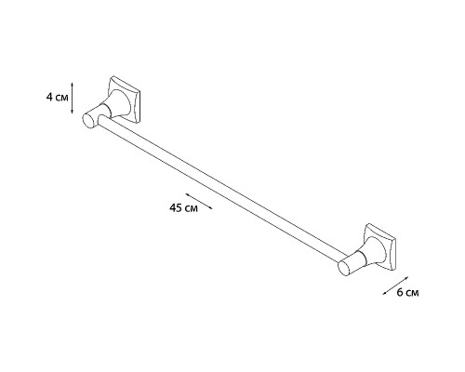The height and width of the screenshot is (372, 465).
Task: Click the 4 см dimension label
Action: pos(58,98)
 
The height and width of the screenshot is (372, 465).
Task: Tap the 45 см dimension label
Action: pos(183,207)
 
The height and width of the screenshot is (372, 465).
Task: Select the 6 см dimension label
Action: pos(408,292)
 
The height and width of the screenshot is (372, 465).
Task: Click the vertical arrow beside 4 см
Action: pos(73,98)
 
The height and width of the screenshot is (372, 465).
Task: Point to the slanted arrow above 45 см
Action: pos(199,201)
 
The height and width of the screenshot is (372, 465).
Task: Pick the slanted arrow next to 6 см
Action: pos(396,286)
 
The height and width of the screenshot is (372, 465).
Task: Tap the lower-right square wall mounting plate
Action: pos(380,246)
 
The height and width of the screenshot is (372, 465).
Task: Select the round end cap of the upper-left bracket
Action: pos(88,121)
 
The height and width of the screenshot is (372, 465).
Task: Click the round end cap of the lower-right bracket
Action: pos(343,269)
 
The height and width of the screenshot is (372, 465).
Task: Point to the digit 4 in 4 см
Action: pos(49,98)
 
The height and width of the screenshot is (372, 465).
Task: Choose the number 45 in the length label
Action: pos(176,207)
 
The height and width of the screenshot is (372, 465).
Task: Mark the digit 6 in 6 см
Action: pos(401,292)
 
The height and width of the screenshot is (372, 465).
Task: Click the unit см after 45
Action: pos(192,208)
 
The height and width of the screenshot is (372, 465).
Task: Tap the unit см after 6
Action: pos(413,293)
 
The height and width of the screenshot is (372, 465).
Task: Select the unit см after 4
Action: pos(62,99)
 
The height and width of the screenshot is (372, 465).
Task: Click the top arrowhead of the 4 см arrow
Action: pos(73,83)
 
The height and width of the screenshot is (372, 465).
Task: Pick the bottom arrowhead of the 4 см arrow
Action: pos(73,113)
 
